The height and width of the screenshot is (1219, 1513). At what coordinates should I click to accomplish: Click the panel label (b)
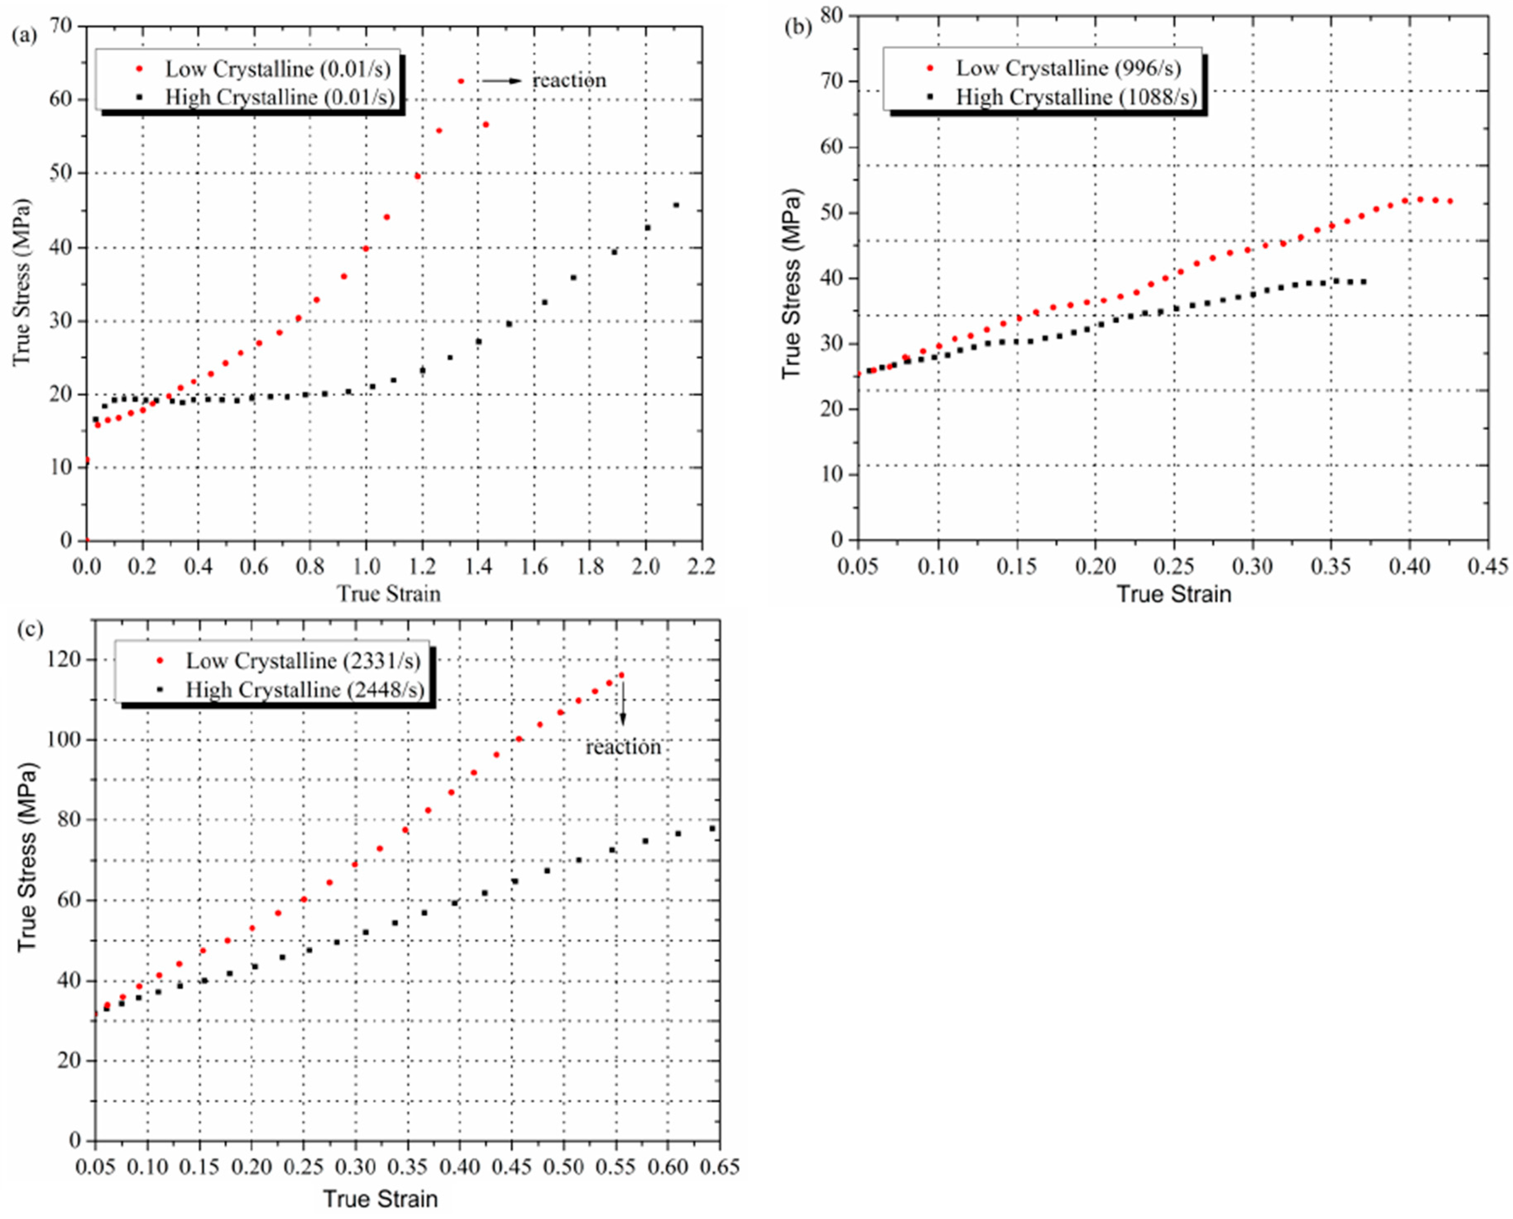coord(798,27)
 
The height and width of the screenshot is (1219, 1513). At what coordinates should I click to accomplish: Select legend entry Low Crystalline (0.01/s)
coord(278,69)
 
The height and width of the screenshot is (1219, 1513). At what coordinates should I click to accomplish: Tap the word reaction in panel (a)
coord(569,81)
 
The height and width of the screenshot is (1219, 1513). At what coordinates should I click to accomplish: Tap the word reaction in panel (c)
coord(623,747)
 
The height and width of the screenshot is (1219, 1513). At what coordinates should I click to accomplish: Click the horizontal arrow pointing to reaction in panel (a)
coord(502,81)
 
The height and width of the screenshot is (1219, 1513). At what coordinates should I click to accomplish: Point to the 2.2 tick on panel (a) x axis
coord(701,566)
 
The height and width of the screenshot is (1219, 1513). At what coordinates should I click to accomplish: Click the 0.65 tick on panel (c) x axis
coord(720,1166)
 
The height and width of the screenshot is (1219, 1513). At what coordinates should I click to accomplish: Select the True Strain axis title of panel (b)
coord(1174,594)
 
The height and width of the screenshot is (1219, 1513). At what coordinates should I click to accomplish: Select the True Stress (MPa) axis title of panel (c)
coord(27,857)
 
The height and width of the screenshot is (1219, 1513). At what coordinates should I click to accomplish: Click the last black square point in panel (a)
coord(676,205)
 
